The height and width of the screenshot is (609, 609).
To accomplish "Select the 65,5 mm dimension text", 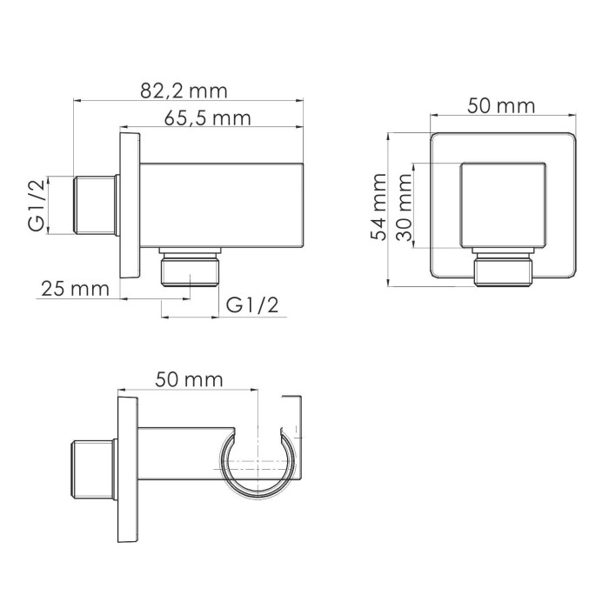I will [205, 118].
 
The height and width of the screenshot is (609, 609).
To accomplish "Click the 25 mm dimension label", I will [73, 288].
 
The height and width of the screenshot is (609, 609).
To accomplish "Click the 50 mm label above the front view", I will [500, 106].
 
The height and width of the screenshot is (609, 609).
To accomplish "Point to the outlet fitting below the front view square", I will [501, 270].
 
